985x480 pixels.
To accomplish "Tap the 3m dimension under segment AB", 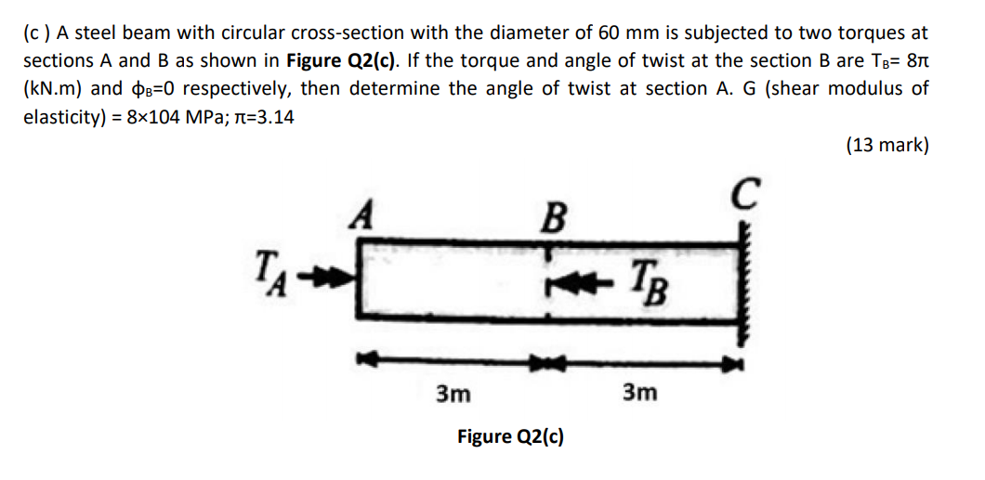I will point(453,394).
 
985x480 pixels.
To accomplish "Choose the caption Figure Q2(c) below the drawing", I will point(510,436).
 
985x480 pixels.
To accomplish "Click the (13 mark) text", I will point(886,145).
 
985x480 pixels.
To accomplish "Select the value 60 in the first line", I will point(610,32).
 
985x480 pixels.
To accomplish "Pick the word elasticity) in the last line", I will point(63,116).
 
